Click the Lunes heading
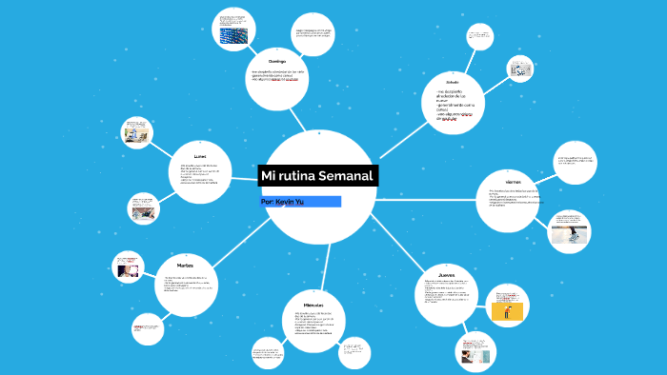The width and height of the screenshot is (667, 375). (x=199, y=154)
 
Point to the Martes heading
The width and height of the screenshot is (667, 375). (x=186, y=266)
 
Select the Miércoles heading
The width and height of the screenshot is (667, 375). (x=314, y=301)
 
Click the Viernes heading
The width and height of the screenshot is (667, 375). (x=504, y=181)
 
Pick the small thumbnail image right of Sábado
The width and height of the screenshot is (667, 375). (x=519, y=69)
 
